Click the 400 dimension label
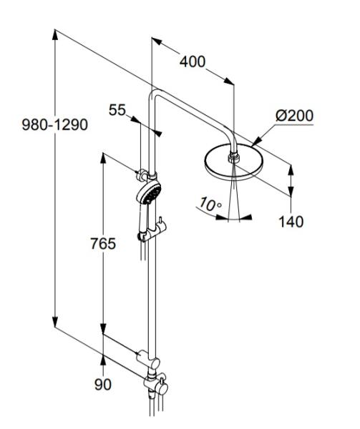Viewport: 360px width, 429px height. tap(193, 61)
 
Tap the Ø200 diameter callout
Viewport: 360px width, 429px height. tap(294, 115)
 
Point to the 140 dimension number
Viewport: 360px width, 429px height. tap(291, 222)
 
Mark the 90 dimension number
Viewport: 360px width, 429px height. tap(104, 384)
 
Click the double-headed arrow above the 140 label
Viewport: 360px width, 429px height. tap(291, 180)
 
